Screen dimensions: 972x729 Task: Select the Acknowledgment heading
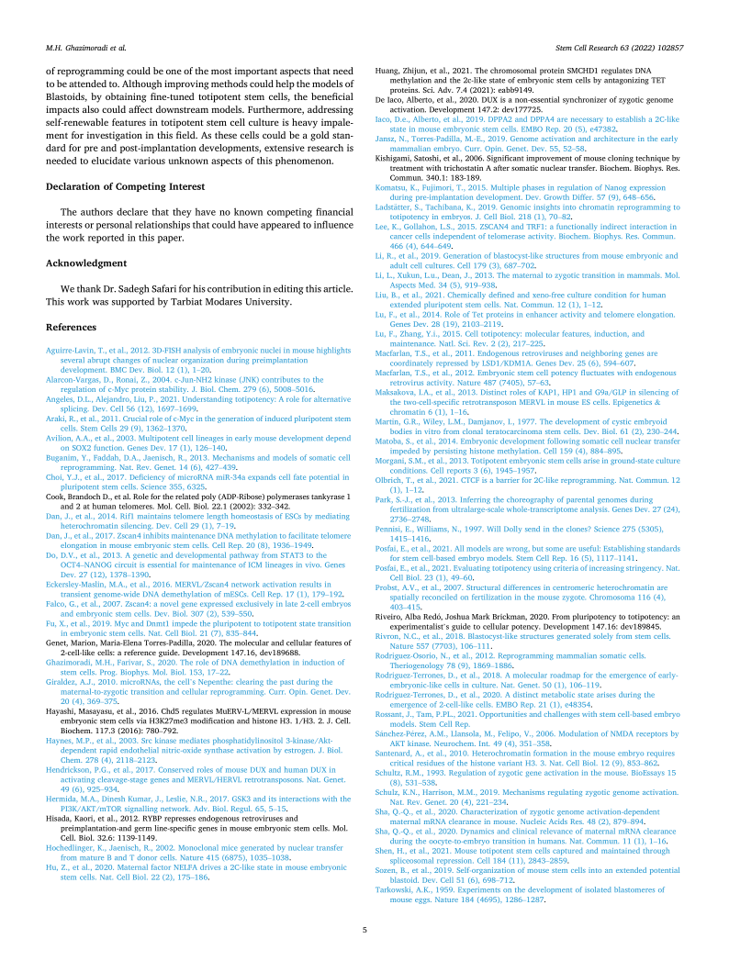(86, 263)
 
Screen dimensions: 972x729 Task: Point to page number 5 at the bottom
(364, 931)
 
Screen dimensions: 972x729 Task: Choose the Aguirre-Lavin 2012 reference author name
(75, 351)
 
